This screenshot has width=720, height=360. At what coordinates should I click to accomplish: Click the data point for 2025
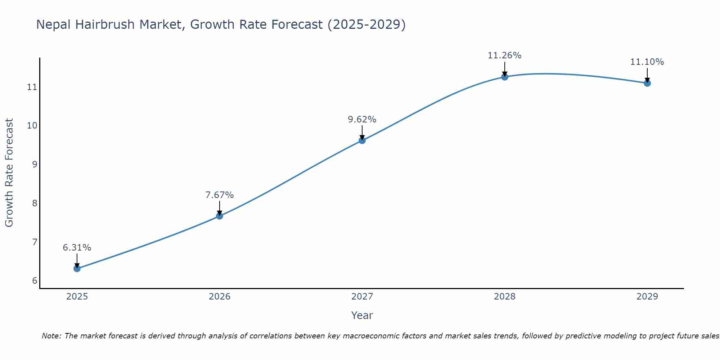77,269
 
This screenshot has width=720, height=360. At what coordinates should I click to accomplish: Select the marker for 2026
220,216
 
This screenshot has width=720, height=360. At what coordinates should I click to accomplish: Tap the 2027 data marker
362,140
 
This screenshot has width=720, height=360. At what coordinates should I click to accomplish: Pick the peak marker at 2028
505,77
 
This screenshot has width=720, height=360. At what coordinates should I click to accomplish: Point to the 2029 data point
647,83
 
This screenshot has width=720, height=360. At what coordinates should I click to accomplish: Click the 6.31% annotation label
77,248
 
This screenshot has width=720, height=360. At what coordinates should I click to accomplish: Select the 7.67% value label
220,195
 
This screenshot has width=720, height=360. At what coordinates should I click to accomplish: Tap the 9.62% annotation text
362,120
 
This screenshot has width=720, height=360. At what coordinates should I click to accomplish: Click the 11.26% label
505,55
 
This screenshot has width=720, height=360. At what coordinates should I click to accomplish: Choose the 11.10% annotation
647,62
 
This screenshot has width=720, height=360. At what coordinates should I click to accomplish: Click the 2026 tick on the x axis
220,297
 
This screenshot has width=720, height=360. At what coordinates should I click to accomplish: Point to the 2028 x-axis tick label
505,297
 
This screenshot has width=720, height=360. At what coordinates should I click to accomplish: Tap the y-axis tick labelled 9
35,165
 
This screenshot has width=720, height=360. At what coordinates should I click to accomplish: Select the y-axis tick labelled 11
32,87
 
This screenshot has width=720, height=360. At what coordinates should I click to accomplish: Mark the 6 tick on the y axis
35,281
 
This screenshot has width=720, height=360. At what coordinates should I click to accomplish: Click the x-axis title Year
362,315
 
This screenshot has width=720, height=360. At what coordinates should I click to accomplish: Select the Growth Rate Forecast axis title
9,173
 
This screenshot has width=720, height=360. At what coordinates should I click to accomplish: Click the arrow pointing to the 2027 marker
362,132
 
